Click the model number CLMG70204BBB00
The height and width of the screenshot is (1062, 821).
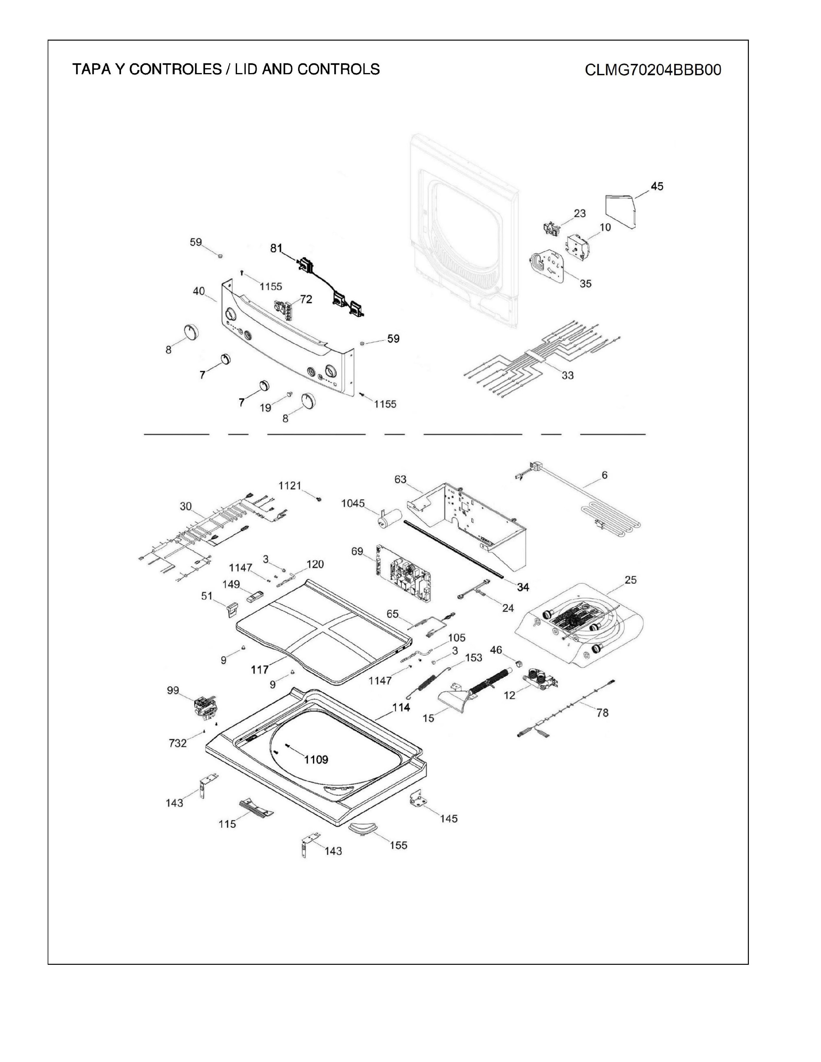pyautogui.click(x=653, y=70)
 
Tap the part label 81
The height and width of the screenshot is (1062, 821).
pyautogui.click(x=276, y=248)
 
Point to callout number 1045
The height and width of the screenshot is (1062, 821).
pyautogui.click(x=353, y=503)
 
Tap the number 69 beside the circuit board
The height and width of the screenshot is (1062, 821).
pyautogui.click(x=357, y=551)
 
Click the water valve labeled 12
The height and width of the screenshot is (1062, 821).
pyautogui.click(x=539, y=678)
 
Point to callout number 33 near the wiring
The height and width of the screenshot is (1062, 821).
pyautogui.click(x=568, y=375)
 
